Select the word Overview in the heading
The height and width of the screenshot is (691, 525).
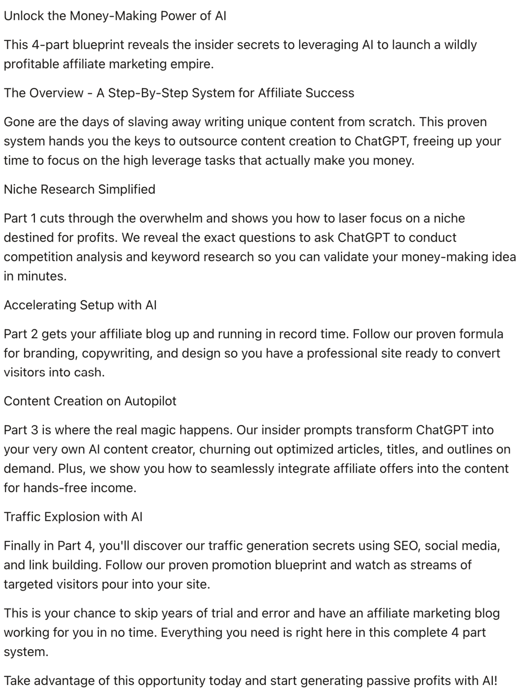[x=56, y=93]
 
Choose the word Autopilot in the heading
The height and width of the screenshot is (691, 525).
[x=150, y=401]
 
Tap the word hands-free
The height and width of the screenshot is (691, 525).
[x=55, y=488]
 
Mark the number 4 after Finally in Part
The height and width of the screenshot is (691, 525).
[x=89, y=546]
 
